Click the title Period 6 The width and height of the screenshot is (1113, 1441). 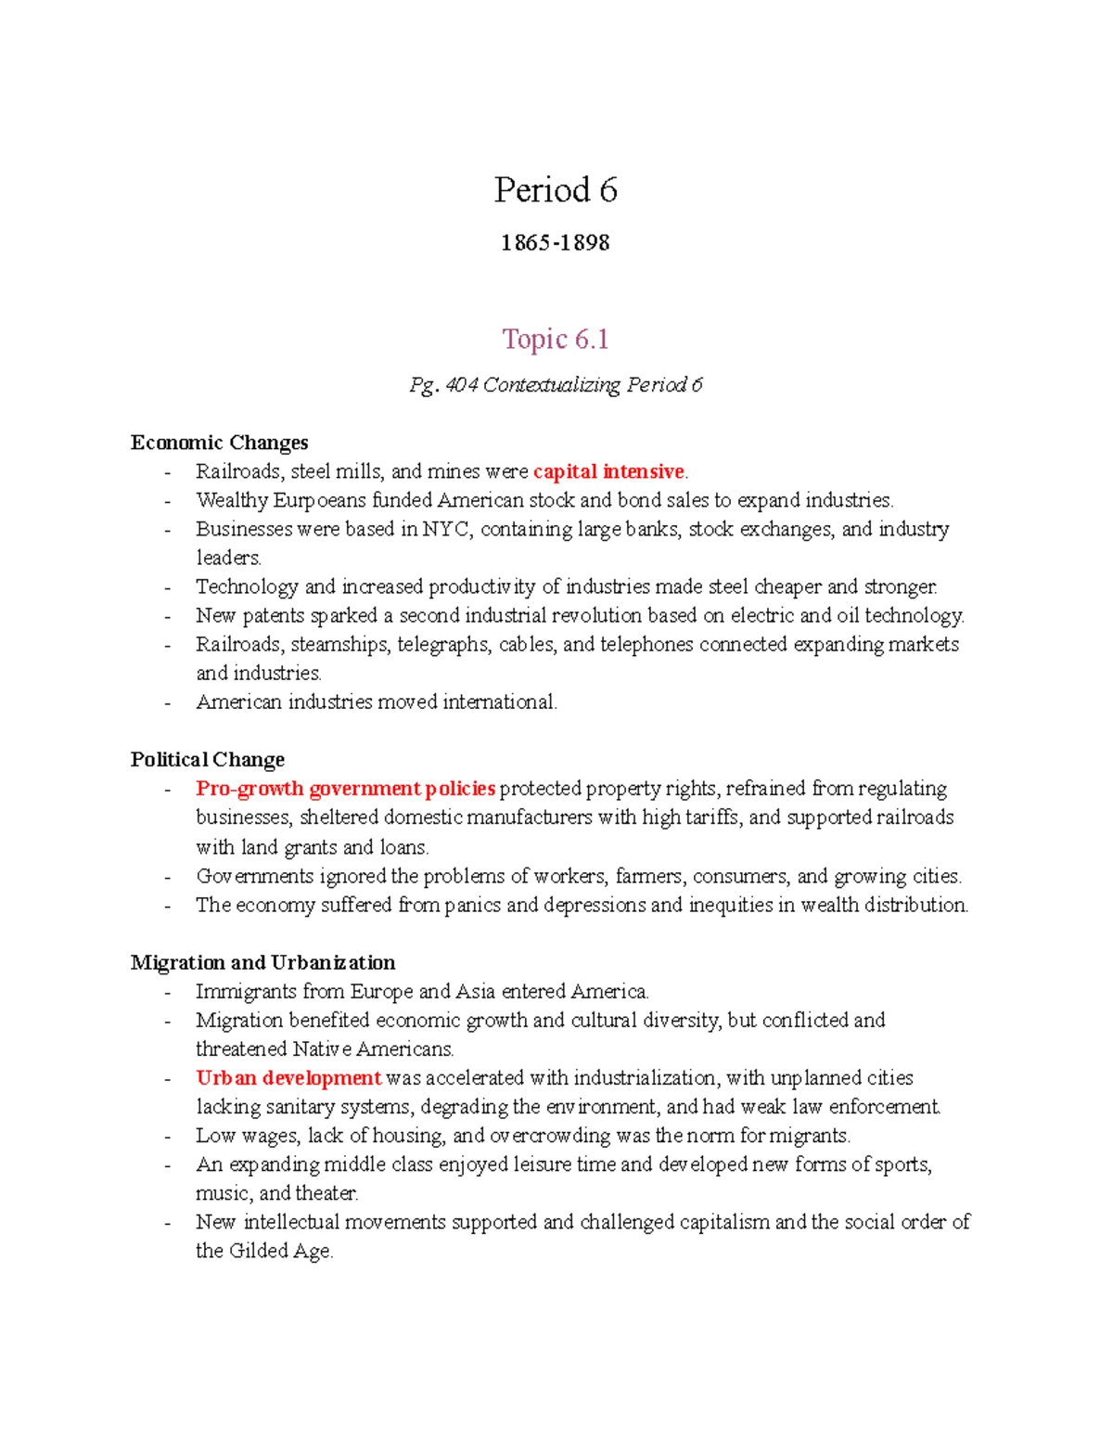click(x=556, y=190)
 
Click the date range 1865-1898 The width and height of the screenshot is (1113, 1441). click(x=555, y=243)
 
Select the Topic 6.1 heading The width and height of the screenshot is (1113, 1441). click(x=555, y=339)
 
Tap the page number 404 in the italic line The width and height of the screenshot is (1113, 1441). click(x=461, y=385)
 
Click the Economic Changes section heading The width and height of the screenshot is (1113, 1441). click(x=219, y=443)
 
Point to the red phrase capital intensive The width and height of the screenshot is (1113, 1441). click(x=608, y=471)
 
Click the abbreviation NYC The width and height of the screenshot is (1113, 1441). click(x=445, y=529)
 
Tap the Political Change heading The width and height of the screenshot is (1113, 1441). click(x=208, y=760)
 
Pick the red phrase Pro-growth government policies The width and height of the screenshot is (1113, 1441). click(x=345, y=789)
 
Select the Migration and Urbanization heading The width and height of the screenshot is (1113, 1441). click(x=262, y=962)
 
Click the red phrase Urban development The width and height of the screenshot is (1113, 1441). click(x=288, y=1078)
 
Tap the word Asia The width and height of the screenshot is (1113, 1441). click(x=475, y=991)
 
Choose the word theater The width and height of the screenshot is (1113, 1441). click(x=326, y=1193)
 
